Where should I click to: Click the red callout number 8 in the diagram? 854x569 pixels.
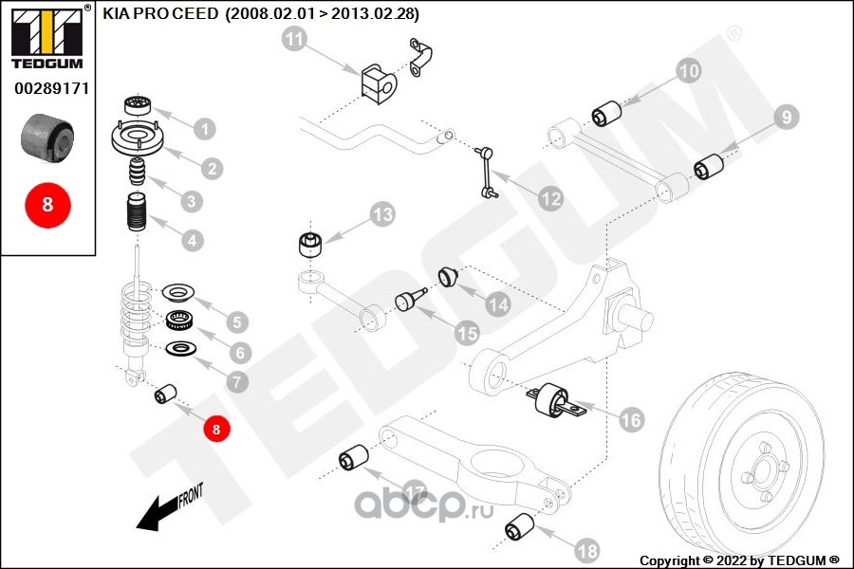(216, 429)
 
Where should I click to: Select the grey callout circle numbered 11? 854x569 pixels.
(295, 39)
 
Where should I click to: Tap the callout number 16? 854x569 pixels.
(631, 420)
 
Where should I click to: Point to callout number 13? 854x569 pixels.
(382, 214)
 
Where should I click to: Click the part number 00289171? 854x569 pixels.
(51, 88)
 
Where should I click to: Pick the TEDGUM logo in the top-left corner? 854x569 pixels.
(47, 37)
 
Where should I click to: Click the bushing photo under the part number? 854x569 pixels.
(47, 138)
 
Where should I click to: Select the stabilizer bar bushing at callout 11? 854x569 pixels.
(378, 83)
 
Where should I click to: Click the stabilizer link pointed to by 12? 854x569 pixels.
(485, 171)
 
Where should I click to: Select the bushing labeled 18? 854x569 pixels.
(519, 526)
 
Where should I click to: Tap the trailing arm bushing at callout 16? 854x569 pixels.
(551, 402)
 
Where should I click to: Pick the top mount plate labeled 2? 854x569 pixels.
(137, 138)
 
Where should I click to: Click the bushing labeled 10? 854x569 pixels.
(606, 113)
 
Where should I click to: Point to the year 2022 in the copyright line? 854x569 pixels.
(732, 560)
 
